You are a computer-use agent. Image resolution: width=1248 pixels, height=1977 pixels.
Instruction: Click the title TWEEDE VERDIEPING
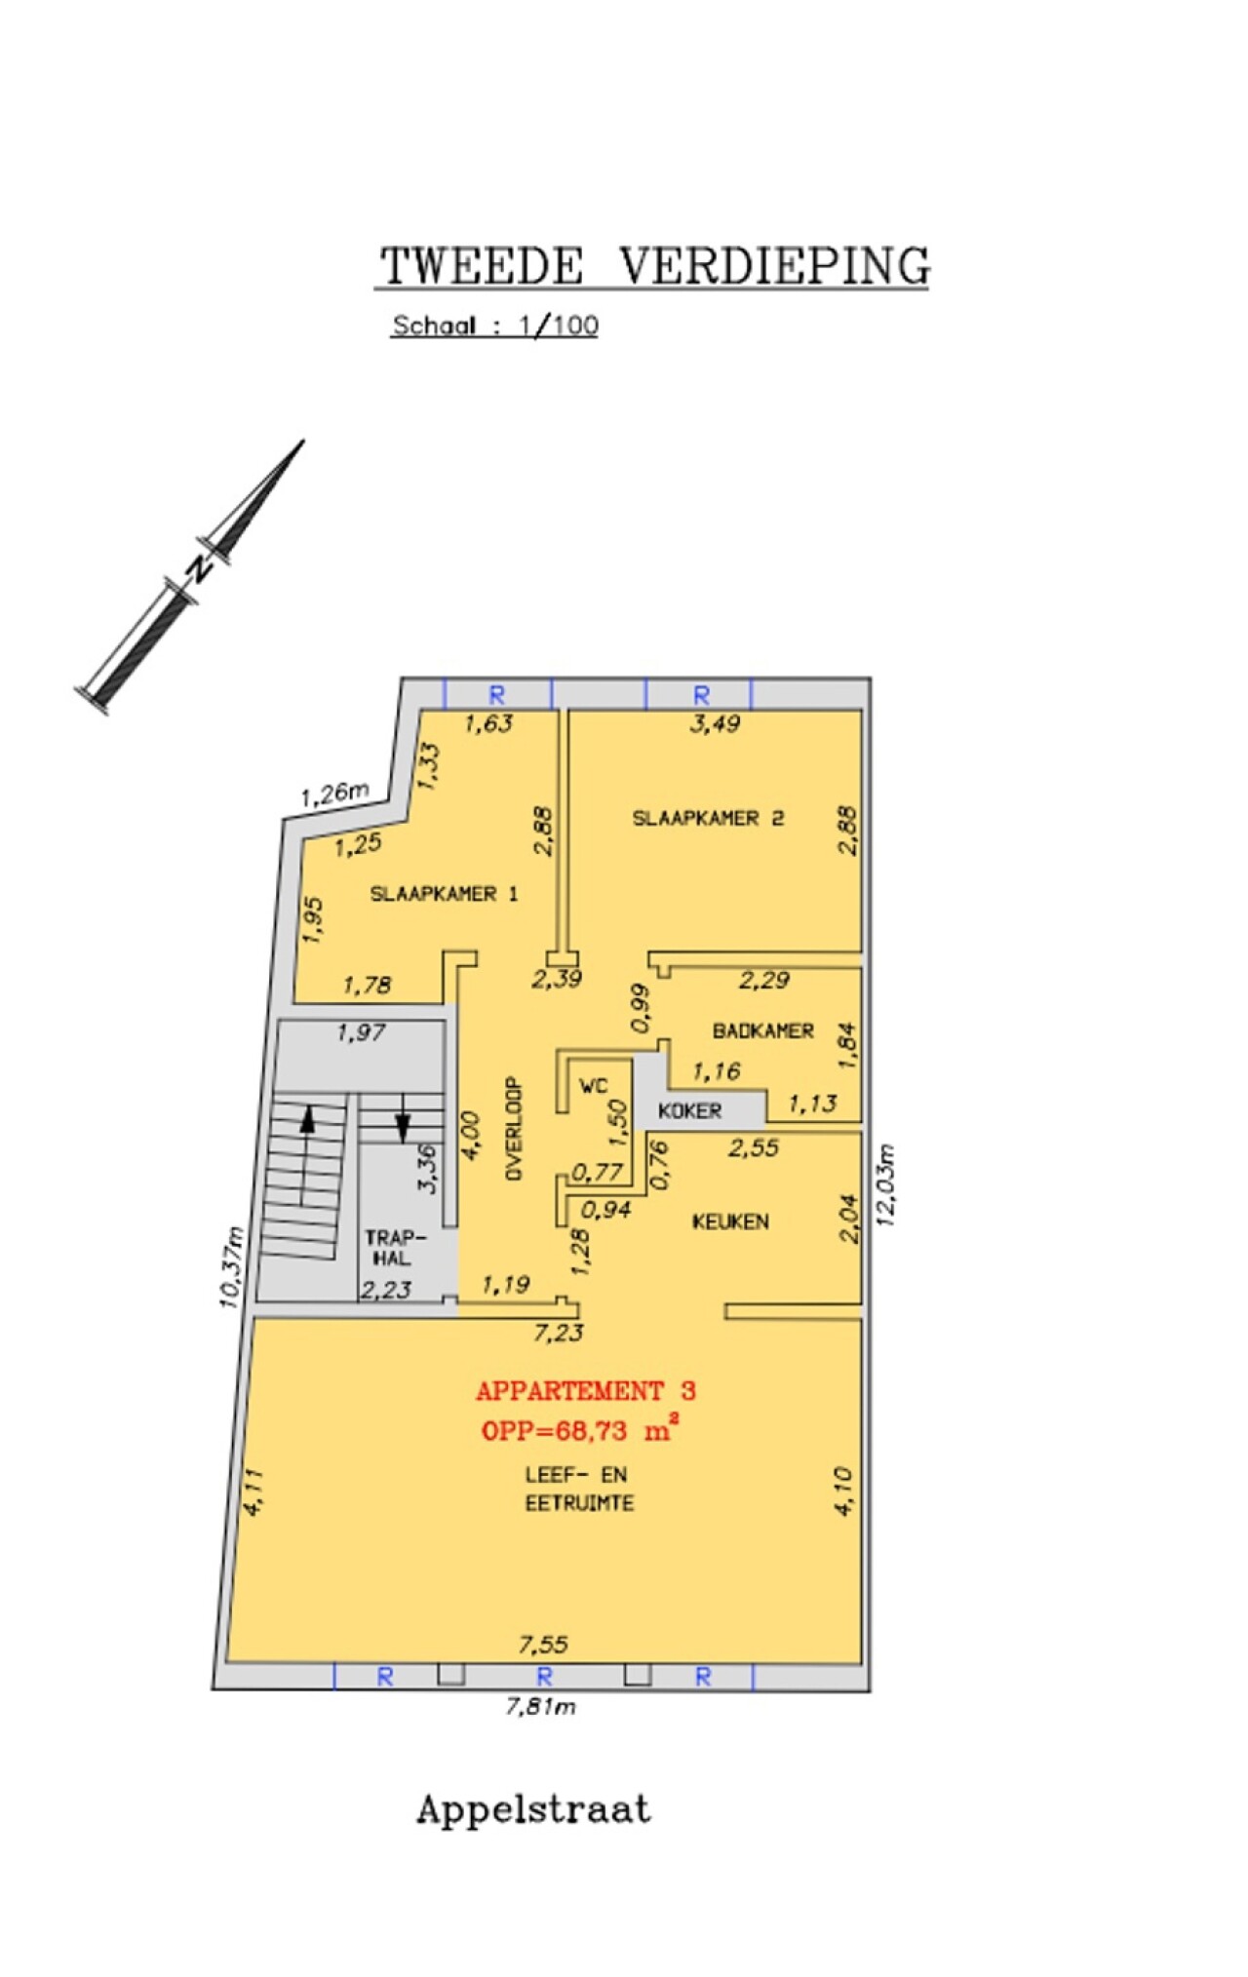click(654, 265)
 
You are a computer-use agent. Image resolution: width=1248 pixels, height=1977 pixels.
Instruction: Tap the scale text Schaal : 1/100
click(494, 326)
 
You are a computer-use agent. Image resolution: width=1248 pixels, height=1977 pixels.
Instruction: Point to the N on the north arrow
click(199, 567)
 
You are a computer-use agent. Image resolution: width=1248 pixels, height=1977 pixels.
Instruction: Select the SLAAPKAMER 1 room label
click(444, 893)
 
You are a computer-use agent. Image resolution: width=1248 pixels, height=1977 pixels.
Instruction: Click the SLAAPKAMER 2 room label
click(708, 818)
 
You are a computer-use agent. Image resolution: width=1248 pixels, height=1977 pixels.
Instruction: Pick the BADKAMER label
click(762, 1030)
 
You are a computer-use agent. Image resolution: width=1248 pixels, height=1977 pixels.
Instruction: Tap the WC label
click(593, 1086)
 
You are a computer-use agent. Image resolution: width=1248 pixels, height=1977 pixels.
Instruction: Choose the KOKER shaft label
click(689, 1110)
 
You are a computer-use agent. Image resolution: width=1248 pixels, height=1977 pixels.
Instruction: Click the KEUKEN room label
click(730, 1221)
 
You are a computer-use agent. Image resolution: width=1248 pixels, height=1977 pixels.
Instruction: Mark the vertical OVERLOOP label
click(514, 1129)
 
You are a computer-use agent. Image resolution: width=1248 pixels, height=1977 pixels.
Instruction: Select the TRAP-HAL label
click(395, 1248)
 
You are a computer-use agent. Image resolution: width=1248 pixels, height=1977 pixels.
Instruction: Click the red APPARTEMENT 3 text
click(586, 1391)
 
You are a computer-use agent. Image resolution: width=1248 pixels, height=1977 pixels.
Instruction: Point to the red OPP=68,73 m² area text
click(579, 1430)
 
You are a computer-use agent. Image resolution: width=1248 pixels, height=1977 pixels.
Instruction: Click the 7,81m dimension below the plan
click(540, 1706)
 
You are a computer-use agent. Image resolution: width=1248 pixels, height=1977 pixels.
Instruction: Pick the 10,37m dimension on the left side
click(232, 1266)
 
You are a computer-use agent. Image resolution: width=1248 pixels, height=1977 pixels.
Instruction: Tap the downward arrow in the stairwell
click(403, 1117)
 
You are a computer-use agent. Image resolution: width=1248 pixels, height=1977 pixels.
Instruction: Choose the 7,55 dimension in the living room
click(543, 1646)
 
